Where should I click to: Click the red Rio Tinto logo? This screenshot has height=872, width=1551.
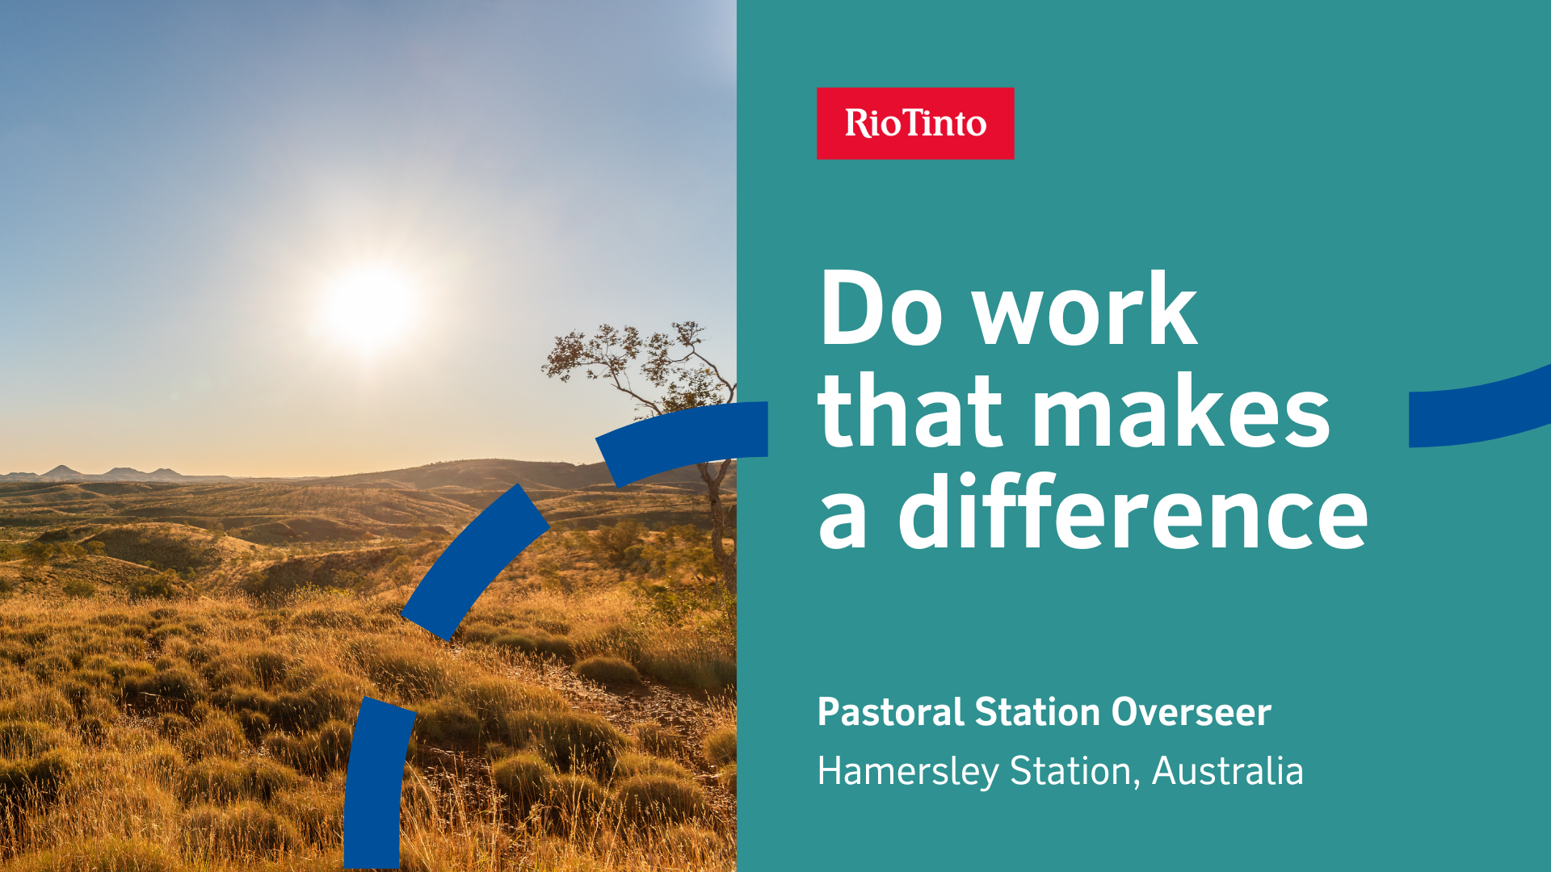pyautogui.click(x=915, y=124)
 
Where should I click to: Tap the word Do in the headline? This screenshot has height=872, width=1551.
pyautogui.click(x=881, y=308)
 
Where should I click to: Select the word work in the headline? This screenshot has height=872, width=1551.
pyautogui.click(x=1085, y=308)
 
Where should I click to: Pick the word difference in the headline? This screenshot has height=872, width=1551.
pyautogui.click(x=1133, y=511)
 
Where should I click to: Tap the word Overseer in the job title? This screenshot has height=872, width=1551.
pyautogui.click(x=1191, y=712)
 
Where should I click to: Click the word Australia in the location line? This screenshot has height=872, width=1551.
pyautogui.click(x=1227, y=771)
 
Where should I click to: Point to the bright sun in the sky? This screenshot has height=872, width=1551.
pyautogui.click(x=370, y=307)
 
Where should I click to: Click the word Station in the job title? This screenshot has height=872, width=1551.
pyautogui.click(x=1038, y=712)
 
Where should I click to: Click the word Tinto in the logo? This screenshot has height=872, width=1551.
pyautogui.click(x=946, y=123)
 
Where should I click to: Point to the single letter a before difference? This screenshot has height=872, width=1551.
pyautogui.click(x=843, y=521)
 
